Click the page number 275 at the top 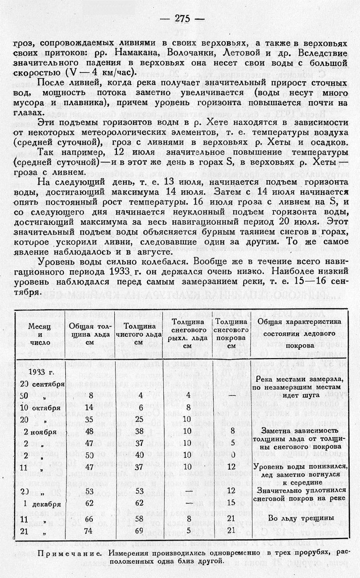182,18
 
